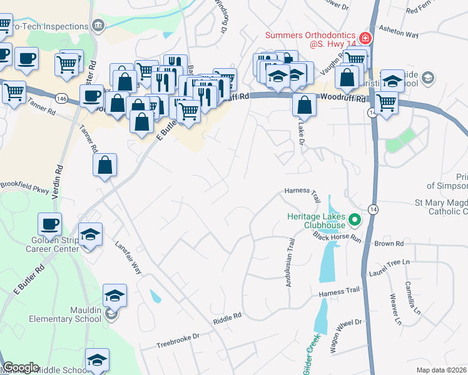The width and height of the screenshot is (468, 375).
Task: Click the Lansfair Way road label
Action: click(x=128, y=257)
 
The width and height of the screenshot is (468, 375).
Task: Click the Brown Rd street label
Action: click(x=390, y=244)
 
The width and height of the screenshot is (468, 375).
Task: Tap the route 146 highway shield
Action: click(x=61, y=98)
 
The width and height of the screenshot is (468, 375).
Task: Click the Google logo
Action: click(x=21, y=367)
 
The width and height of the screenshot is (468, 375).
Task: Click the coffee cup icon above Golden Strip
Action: click(x=49, y=223)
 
